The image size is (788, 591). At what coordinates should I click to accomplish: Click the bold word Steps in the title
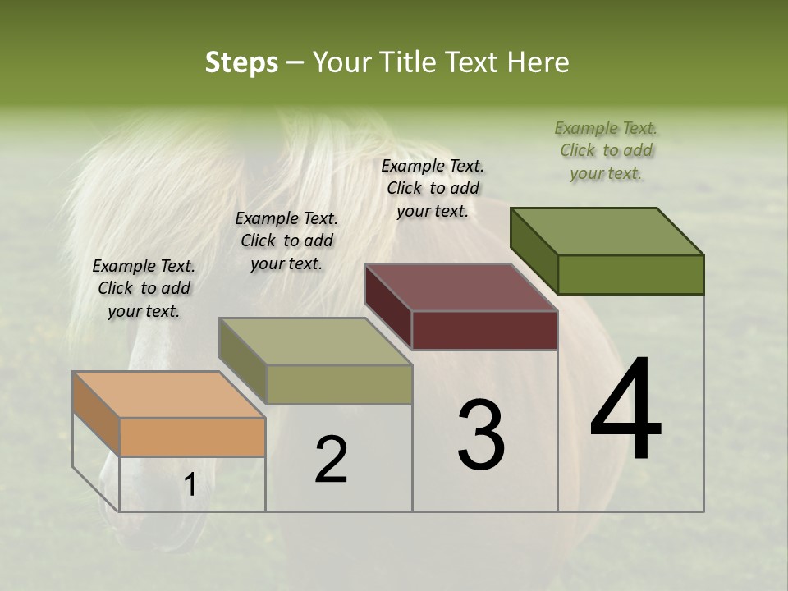pyautogui.click(x=241, y=62)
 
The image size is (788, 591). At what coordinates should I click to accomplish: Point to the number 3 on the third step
pyautogui.click(x=481, y=435)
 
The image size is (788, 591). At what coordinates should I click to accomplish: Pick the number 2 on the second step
pyautogui.click(x=331, y=460)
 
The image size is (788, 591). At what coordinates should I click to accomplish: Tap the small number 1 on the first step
pyautogui.click(x=190, y=485)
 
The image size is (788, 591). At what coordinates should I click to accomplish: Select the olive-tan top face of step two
pyautogui.click(x=315, y=341)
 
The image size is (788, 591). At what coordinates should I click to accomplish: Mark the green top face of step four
pyautogui.click(x=607, y=231)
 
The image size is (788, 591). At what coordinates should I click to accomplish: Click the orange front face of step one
pyautogui.click(x=193, y=437)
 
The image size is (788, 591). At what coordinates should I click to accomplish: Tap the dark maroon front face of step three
pyautogui.click(x=484, y=331)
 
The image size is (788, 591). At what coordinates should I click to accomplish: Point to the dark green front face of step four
pyautogui.click(x=630, y=274)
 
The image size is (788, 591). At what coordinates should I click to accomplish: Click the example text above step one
pyautogui.click(x=144, y=288)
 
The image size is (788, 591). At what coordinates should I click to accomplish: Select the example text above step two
pyautogui.click(x=286, y=241)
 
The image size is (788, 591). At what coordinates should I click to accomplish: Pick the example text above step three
pyautogui.click(x=433, y=188)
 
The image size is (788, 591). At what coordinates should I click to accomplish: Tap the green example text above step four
pyautogui.click(x=606, y=150)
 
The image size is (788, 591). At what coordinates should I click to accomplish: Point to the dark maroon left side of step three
pyautogui.click(x=387, y=306)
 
